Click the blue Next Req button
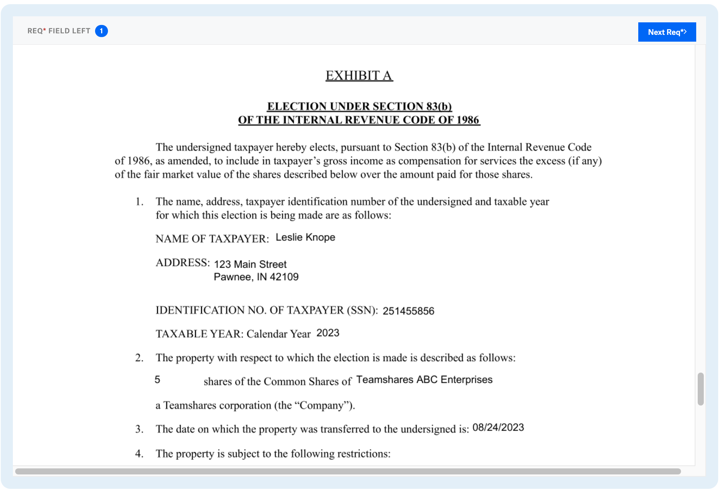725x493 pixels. [x=666, y=32]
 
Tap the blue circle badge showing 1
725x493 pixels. [x=101, y=31]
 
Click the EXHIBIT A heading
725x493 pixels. [x=359, y=76]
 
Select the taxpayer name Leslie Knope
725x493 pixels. [x=305, y=237]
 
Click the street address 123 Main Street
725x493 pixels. [x=250, y=264]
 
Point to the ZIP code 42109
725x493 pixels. [x=284, y=277]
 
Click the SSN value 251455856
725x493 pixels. [x=408, y=311]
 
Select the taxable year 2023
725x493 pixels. [x=328, y=333]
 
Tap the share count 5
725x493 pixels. [x=157, y=380]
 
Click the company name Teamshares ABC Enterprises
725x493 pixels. [x=424, y=380]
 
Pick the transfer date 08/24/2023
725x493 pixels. [x=498, y=427]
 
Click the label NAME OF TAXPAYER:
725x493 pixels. [x=212, y=239]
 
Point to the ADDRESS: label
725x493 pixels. [x=183, y=263]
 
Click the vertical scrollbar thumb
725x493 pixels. [x=700, y=389]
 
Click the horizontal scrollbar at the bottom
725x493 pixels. [x=347, y=471]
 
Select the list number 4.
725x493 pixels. [x=139, y=454]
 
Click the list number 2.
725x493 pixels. [x=139, y=358]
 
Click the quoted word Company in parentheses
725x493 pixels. [x=322, y=406]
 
